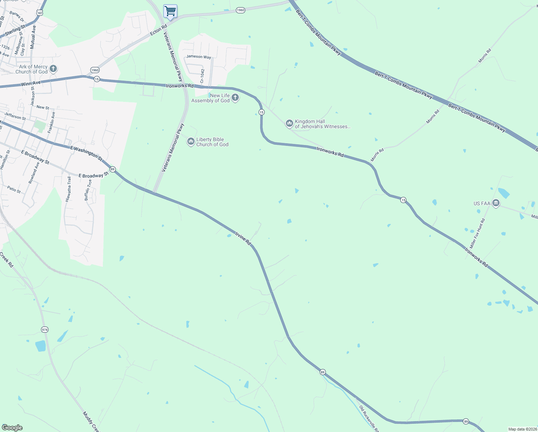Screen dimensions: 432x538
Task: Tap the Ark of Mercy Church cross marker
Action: pos(53,69)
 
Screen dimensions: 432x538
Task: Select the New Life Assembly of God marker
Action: pos(235,98)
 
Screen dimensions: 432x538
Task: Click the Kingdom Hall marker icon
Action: pos(289,123)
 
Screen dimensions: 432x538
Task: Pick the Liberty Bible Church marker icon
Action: pos(191,141)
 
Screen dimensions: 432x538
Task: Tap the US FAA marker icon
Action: pos(496,203)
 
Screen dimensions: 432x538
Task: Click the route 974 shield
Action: pos(45,330)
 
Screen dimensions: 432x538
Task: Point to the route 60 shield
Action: pos(40,13)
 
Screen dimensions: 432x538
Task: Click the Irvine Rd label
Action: pos(243,239)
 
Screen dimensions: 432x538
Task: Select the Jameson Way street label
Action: pos(199,57)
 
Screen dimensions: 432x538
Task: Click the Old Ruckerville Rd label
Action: pos(369,418)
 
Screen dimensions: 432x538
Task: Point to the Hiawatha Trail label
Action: pos(68,189)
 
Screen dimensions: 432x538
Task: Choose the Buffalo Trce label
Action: pos(88,190)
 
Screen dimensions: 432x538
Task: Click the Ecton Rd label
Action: pos(159,30)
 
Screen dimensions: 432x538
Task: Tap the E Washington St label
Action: pos(86,153)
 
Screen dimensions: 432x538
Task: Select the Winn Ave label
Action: pos(31,84)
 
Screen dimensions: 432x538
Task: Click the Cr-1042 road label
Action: pos(202,76)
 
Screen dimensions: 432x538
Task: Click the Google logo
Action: pos(12,428)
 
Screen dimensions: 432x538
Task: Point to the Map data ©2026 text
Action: pos(522,429)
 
